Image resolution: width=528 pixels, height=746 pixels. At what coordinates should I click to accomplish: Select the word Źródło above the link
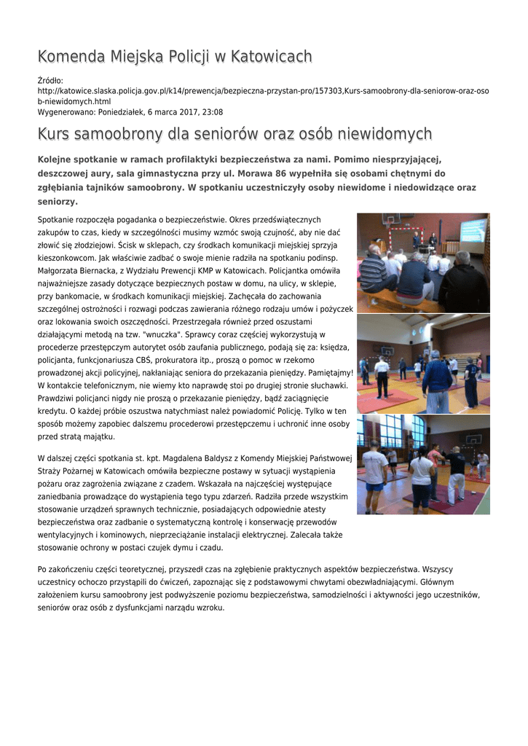pos(50,80)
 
